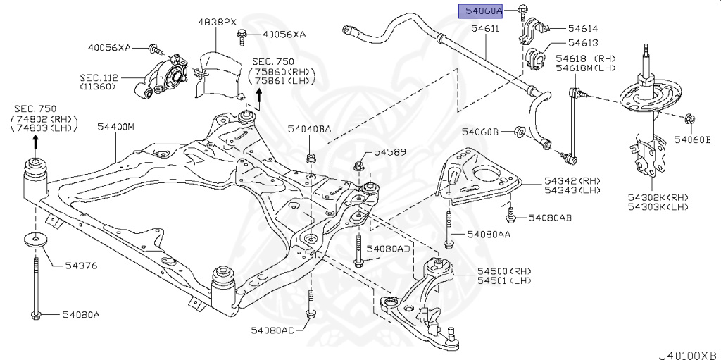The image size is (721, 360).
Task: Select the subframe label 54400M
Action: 115,127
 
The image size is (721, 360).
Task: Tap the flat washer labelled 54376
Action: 33,239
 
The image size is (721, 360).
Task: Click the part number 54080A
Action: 80,314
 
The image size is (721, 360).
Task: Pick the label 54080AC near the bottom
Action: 273,330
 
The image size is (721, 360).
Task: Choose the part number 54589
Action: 390,151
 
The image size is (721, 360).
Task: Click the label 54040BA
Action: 309,130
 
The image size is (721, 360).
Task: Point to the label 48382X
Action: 215,22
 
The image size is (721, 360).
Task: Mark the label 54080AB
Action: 549,218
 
